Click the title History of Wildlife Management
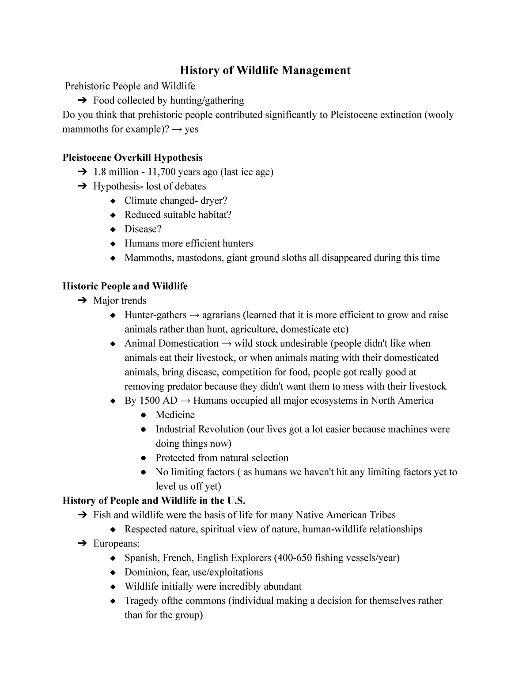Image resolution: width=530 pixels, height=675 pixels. pos(265,70)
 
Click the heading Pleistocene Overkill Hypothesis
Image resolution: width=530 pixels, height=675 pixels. pos(132,158)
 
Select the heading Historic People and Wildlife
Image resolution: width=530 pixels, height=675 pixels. pos(125,286)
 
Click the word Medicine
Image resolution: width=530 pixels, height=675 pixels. pos(175,415)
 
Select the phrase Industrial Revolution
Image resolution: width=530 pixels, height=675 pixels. pos(200,429)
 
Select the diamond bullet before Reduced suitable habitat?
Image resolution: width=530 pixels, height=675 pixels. pos(114,215)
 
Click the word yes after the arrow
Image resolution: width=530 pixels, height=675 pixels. pos(191,129)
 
